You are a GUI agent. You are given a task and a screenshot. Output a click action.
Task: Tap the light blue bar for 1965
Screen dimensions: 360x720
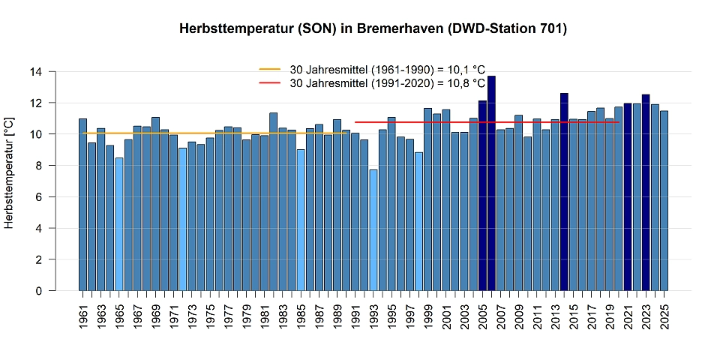[119, 224]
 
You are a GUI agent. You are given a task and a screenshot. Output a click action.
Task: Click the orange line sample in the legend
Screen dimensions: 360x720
[269, 69]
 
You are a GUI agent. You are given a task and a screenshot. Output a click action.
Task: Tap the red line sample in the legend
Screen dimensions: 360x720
[269, 82]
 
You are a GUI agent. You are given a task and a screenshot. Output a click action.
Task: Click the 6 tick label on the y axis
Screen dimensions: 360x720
[44, 197]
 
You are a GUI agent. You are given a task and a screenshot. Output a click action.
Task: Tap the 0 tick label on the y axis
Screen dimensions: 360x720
[44, 291]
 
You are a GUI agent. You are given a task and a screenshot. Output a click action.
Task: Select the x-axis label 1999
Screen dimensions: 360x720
[428, 315]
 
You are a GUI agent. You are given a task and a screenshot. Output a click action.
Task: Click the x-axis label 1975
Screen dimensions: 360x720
[210, 315]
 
